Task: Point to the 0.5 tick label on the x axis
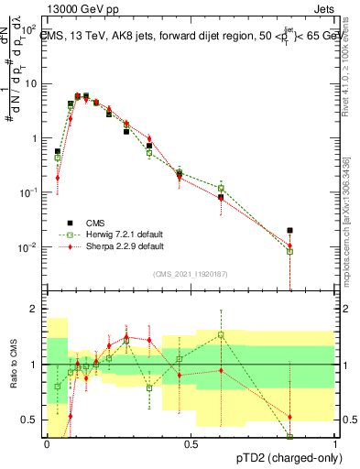(191, 444)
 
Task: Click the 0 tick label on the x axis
(47, 444)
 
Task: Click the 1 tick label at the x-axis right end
(334, 444)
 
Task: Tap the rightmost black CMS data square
(290, 231)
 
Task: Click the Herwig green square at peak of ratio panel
(221, 334)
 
